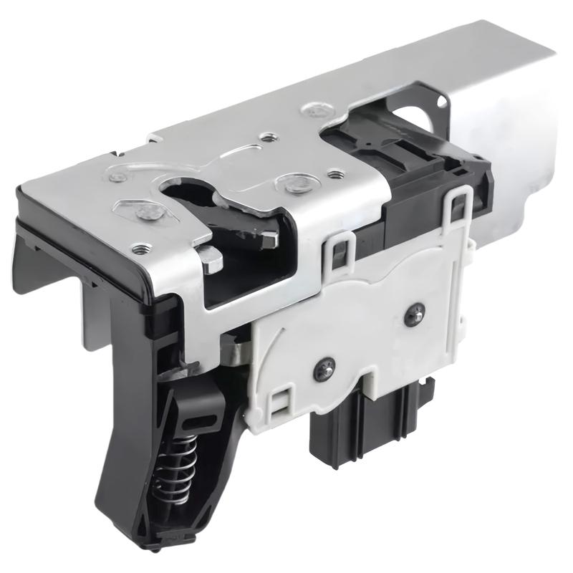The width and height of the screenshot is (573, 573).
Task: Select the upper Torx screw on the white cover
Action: pos(413,313)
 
